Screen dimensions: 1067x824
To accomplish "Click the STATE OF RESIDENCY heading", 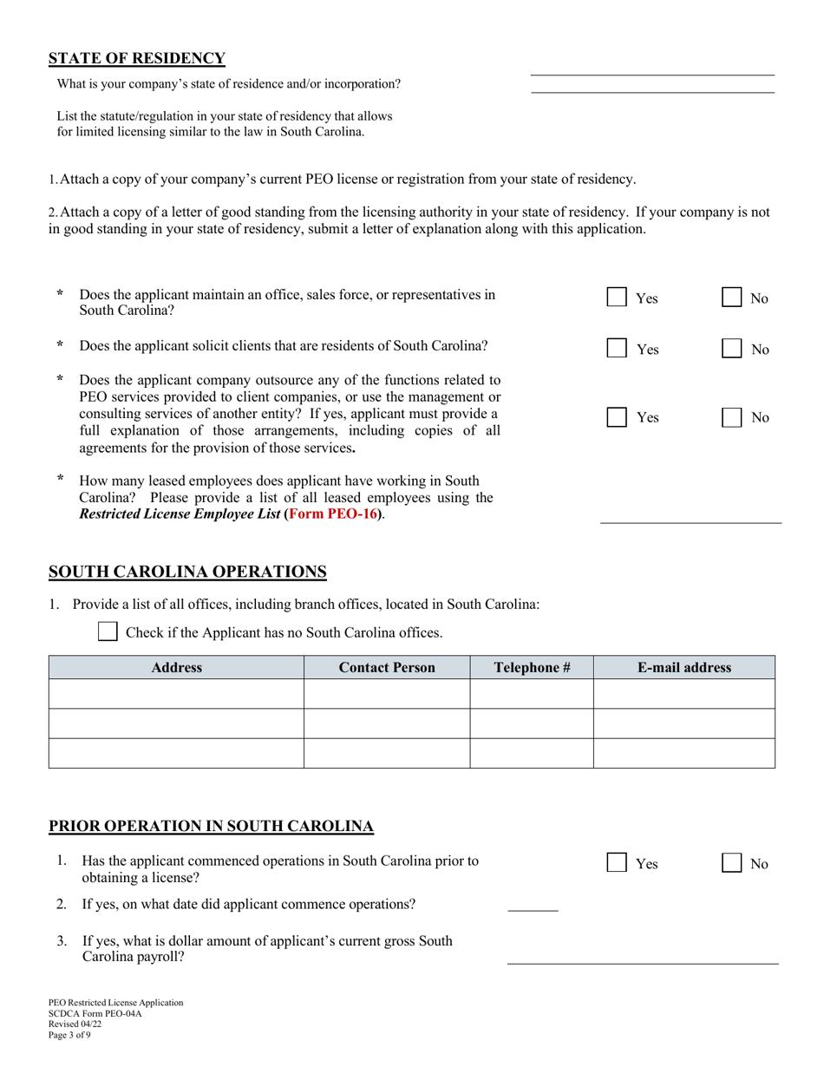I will [x=136, y=59].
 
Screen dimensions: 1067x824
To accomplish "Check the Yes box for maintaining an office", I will [x=617, y=298].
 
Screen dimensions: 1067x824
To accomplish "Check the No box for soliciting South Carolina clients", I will [x=732, y=349].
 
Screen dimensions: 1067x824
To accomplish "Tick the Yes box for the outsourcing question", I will [x=617, y=417].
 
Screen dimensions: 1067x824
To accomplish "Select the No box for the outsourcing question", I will [x=732, y=417].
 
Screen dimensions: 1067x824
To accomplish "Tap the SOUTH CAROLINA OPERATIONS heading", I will [x=187, y=572].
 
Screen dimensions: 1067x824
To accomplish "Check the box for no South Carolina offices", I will [x=108, y=632].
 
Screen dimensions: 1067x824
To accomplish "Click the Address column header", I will [x=176, y=668].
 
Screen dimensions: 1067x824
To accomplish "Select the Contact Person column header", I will [x=387, y=668].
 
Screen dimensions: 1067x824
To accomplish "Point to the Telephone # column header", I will [x=532, y=668].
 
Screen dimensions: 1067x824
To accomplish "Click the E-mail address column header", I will [x=683, y=668].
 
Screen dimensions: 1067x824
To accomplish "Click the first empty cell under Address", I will [x=176, y=694].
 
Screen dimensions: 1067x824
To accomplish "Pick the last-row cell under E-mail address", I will [x=683, y=753].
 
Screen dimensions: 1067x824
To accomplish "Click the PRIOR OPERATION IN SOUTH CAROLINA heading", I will [x=211, y=827].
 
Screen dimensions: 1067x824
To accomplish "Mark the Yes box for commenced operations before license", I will [x=617, y=863].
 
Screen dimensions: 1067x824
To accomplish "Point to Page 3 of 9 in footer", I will [x=69, y=1035].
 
